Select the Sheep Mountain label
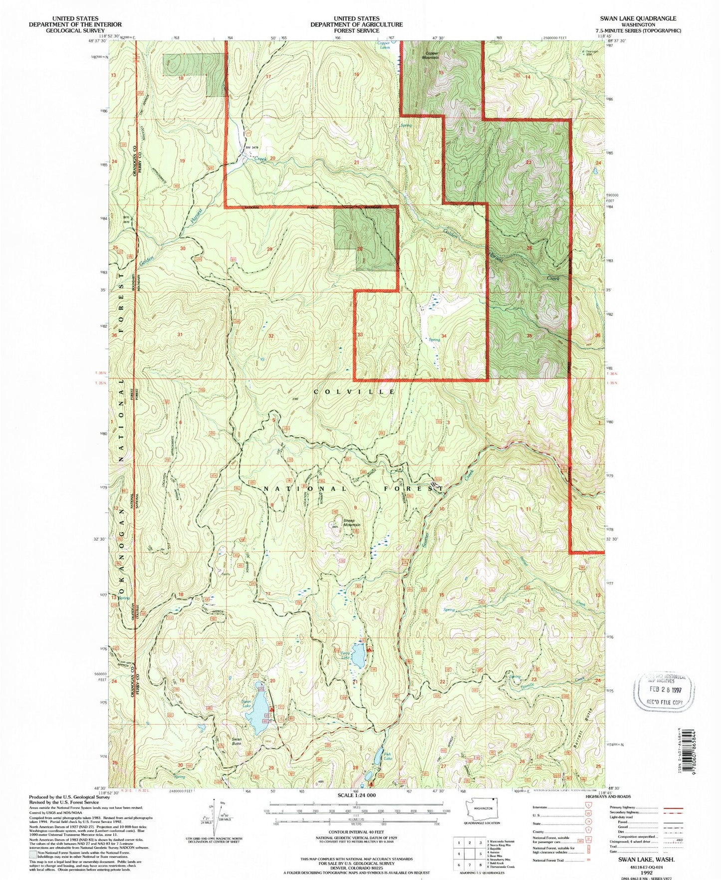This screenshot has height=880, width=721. coord(351,523)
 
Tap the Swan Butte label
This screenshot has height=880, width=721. coord(237,741)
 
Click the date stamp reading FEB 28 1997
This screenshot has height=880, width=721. coord(664,692)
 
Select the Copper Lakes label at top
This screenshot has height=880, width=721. coord(384,45)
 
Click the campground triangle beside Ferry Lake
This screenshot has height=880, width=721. coord(370,650)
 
